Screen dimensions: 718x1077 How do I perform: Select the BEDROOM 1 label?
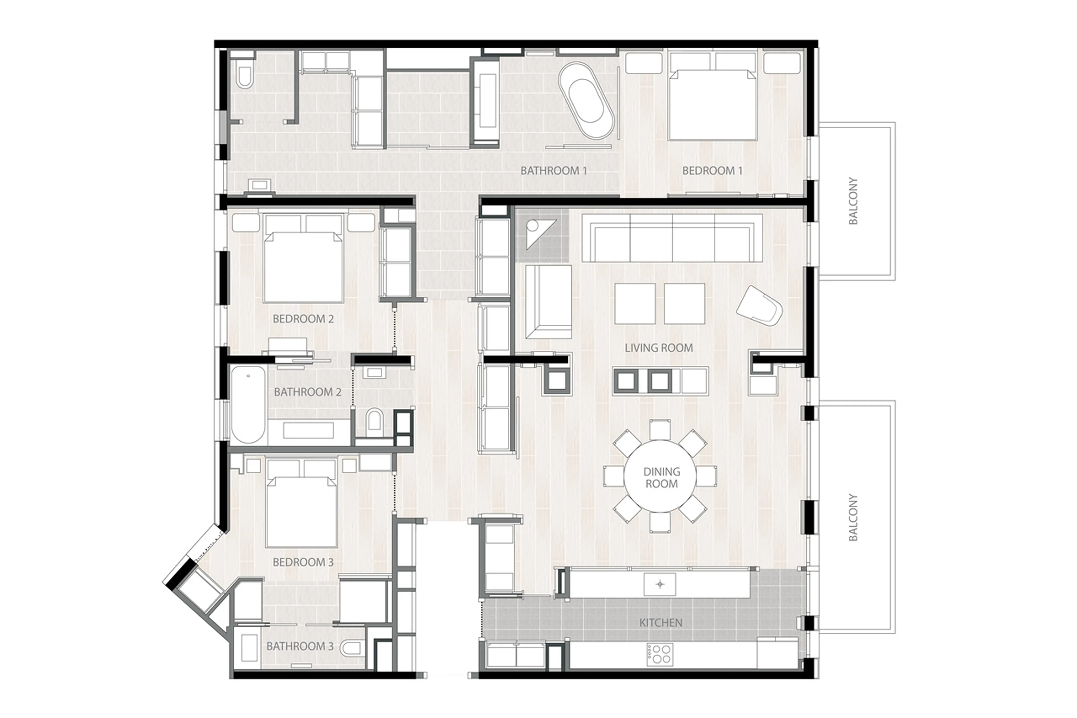tap(712, 171)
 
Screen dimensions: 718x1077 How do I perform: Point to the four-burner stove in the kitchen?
tap(660, 654)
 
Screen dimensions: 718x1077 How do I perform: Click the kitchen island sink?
tap(660, 584)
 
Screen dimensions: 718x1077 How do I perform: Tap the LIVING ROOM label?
tap(658, 348)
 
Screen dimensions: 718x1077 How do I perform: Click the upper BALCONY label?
tap(853, 201)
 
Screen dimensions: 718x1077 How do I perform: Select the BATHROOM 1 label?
tap(553, 171)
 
